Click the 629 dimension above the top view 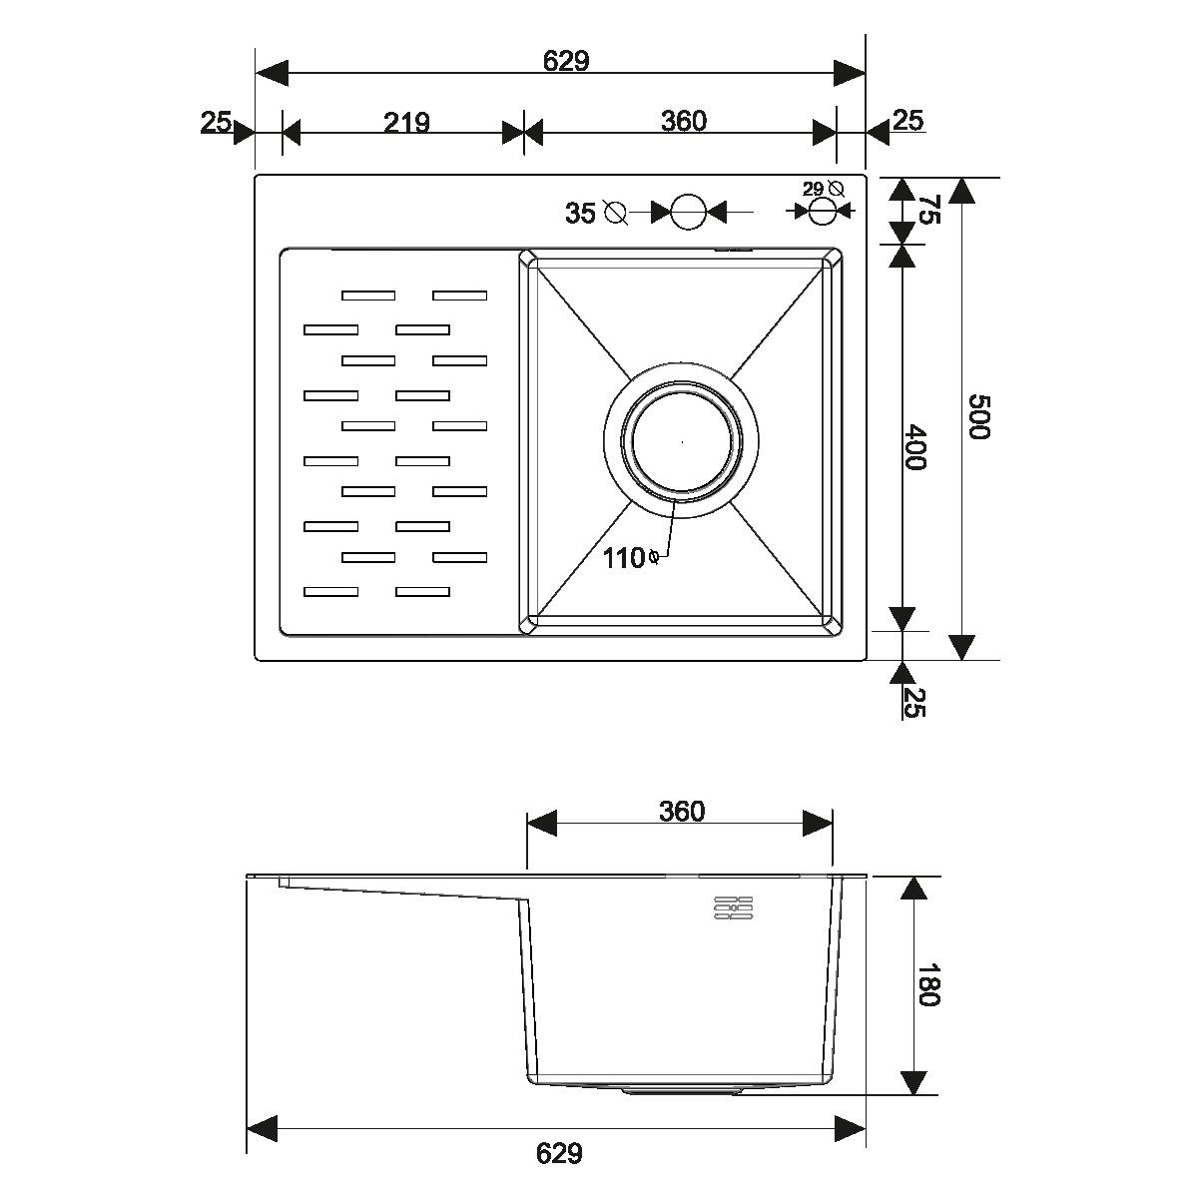pos(566,61)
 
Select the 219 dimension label pos(406,123)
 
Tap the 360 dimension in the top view pos(683,121)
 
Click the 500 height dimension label pos(978,416)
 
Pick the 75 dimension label pos(930,209)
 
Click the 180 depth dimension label pos(928,984)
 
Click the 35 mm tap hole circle pos(688,212)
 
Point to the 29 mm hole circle pos(822,212)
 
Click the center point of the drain pos(682,442)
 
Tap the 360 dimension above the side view pos(682,812)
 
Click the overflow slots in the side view pos(734,907)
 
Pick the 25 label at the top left pos(215,122)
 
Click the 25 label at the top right pos(908,120)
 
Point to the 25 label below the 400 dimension pos(913,703)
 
